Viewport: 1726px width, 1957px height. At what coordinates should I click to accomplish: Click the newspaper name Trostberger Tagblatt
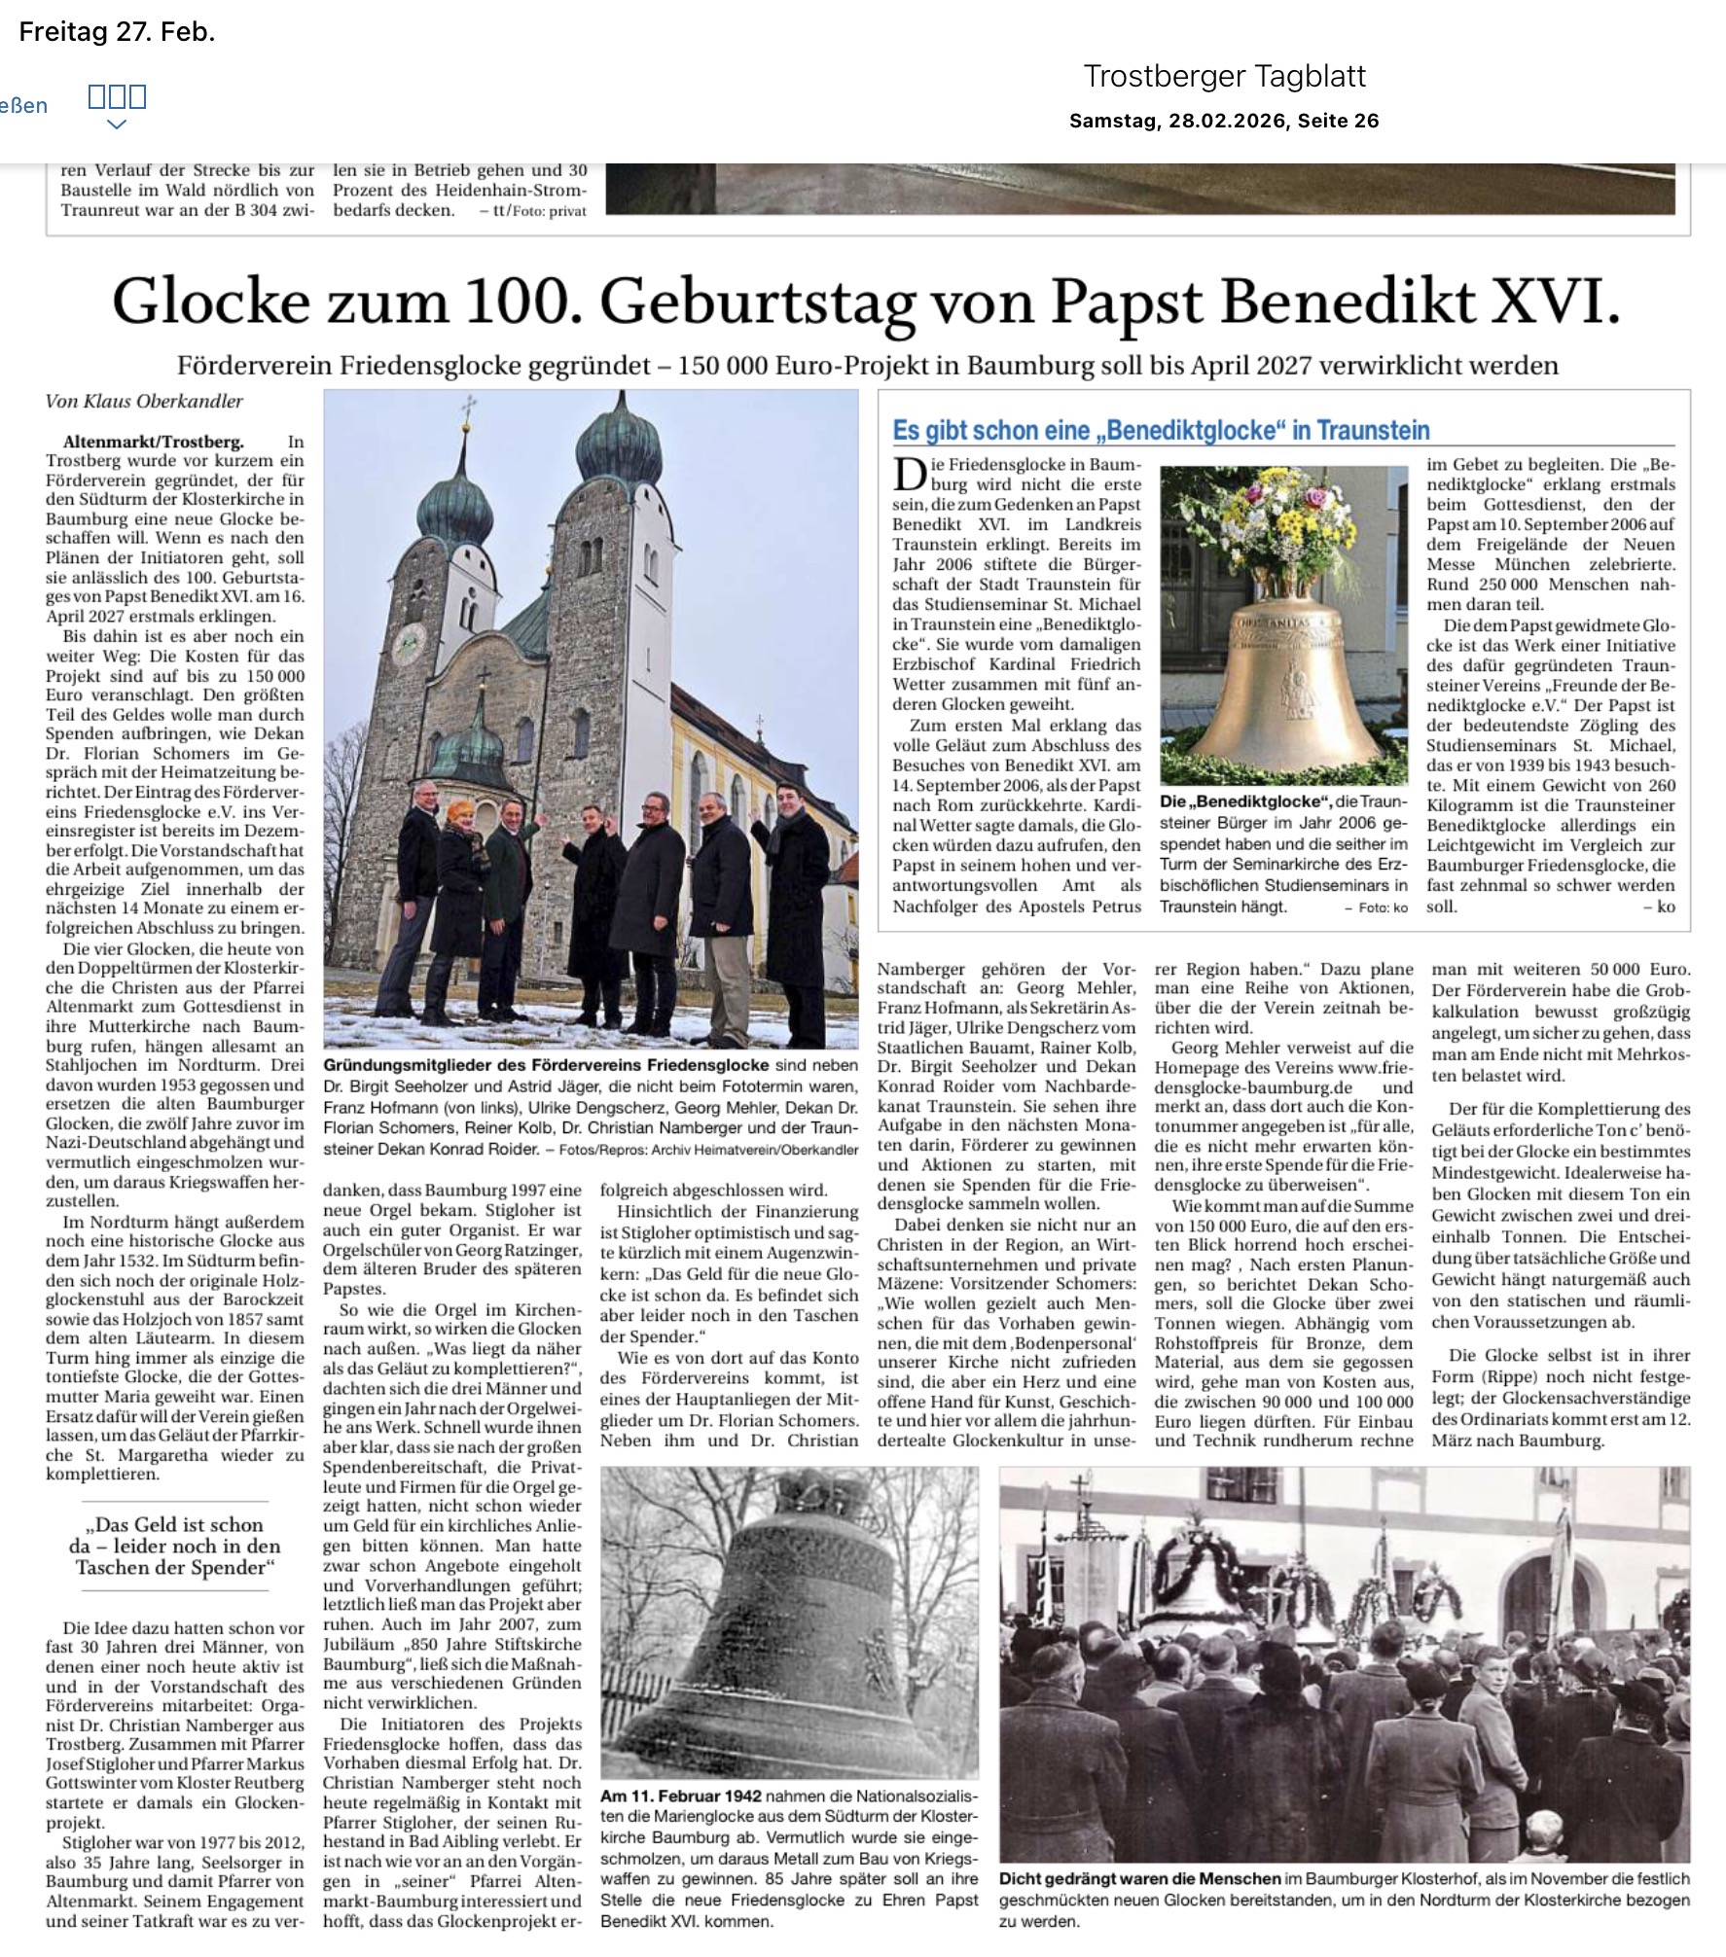(x=1224, y=76)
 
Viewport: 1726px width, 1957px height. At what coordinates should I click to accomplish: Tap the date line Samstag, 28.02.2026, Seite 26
(x=1224, y=121)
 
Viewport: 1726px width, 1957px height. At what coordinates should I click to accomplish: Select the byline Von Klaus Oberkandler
(x=144, y=402)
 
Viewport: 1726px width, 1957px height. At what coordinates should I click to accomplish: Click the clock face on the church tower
(x=407, y=639)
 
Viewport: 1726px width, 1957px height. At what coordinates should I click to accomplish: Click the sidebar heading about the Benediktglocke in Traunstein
(x=1161, y=431)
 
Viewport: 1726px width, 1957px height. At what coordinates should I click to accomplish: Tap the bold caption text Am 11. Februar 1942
(x=681, y=1796)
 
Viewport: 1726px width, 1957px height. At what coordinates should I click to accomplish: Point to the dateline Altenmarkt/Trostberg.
(x=154, y=442)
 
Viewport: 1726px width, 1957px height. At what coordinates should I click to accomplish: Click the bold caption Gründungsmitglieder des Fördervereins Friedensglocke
(x=546, y=1065)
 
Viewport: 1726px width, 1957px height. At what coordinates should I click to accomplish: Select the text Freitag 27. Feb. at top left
(x=117, y=32)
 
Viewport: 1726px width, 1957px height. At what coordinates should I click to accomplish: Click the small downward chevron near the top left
(x=117, y=124)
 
